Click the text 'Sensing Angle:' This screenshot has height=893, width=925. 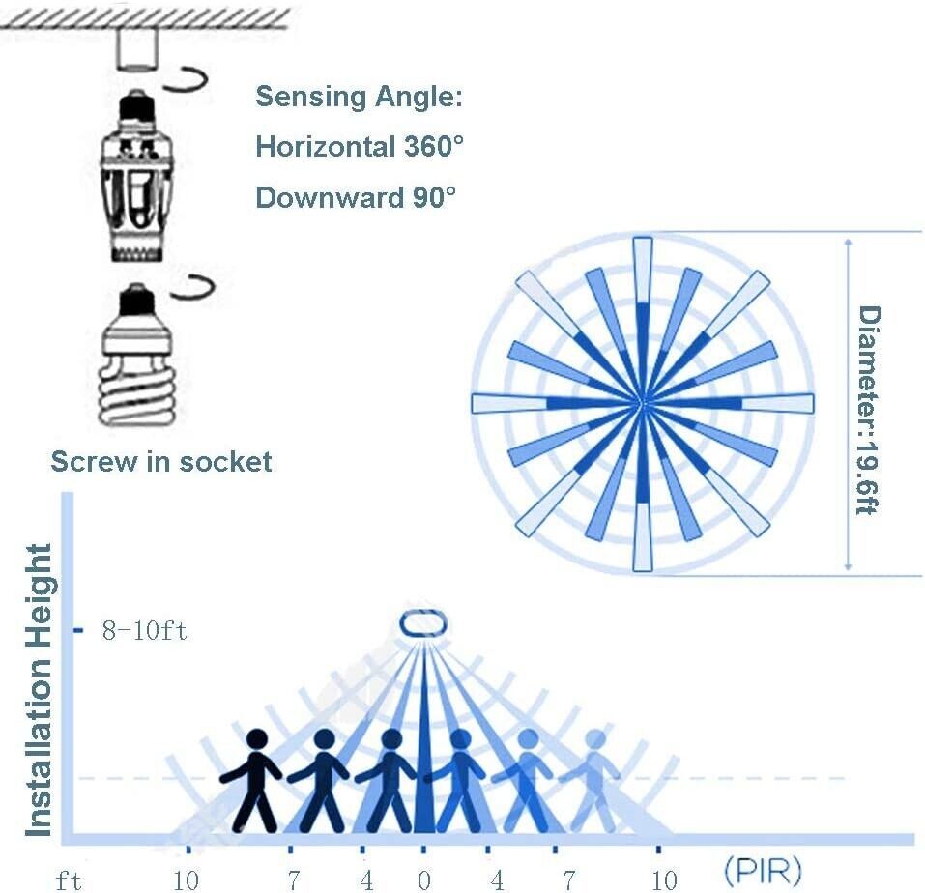[359, 97]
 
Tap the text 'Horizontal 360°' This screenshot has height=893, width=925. [360, 147]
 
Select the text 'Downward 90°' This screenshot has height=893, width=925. [355, 197]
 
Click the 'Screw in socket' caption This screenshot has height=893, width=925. [161, 461]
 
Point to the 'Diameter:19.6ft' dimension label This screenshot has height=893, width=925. [869, 410]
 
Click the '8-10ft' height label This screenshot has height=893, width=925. [145, 632]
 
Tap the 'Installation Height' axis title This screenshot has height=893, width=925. [39, 690]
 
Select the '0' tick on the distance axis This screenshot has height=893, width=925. [422, 879]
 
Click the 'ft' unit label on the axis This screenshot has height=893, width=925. [68, 879]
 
